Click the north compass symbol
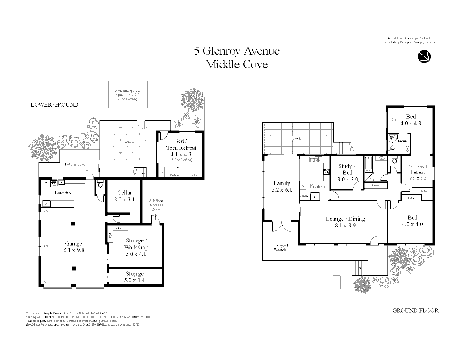[424, 56]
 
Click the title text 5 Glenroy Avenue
[237, 51]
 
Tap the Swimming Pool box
[128, 94]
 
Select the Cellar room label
[124, 193]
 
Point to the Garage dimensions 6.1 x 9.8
[73, 250]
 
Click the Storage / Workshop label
[136, 244]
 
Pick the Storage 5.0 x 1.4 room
[135, 277]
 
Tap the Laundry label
[63, 193]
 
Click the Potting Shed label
[75, 164]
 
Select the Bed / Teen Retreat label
[181, 145]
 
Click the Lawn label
[129, 141]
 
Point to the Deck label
[297, 138]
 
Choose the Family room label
[282, 183]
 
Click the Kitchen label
[317, 186]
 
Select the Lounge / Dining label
[345, 219]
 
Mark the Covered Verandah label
[281, 247]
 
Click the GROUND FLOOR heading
[415, 310]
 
